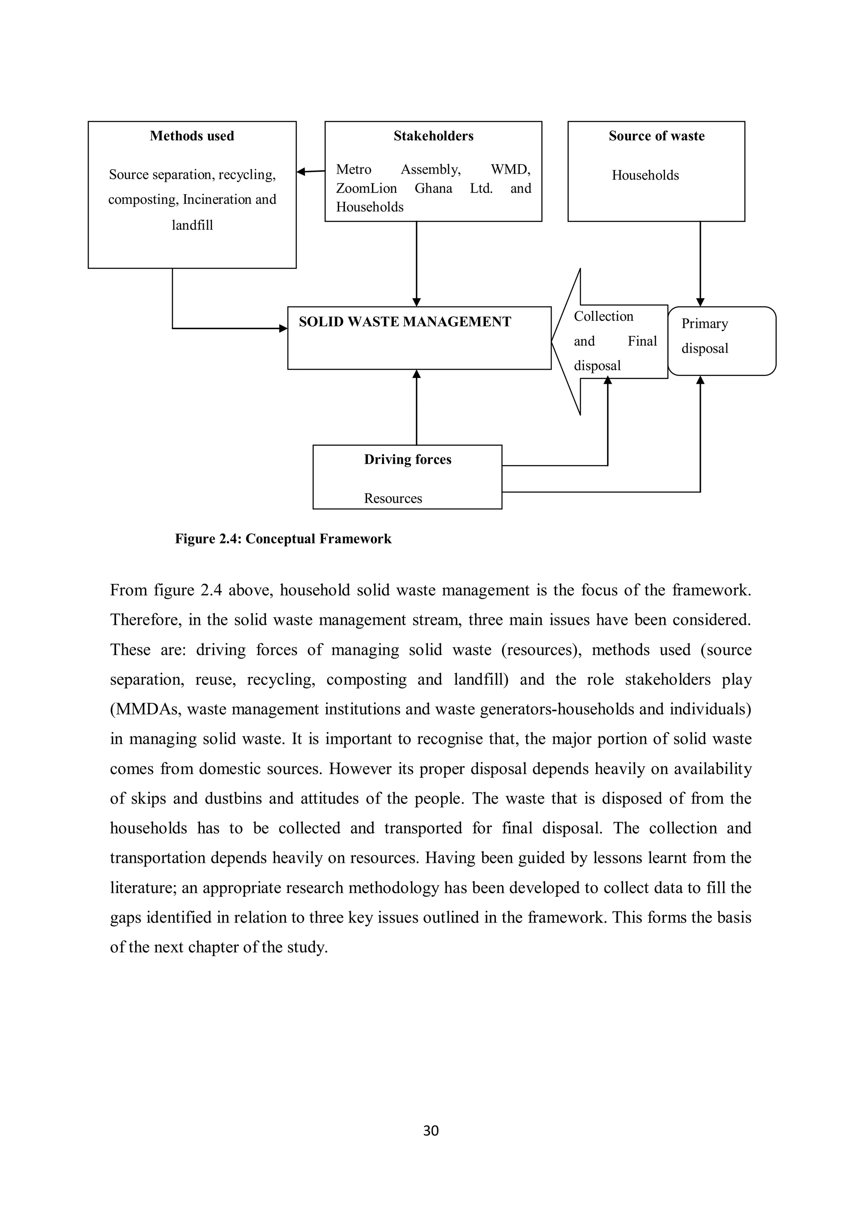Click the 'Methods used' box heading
pos(192,136)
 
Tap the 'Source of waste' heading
pos(656,136)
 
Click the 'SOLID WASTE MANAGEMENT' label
pos(405,322)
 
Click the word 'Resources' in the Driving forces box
pos(392,499)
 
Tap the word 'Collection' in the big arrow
pos(603,316)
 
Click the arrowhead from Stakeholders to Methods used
pos(301,171)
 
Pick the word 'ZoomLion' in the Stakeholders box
pos(366,189)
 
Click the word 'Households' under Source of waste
pos(645,175)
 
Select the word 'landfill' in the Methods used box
pos(192,226)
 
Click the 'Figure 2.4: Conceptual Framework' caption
pos(283,539)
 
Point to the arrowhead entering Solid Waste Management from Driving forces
pos(416,374)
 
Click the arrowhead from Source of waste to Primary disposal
pos(700,302)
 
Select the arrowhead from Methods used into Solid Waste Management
pos(283,328)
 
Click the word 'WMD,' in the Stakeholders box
pos(510,170)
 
